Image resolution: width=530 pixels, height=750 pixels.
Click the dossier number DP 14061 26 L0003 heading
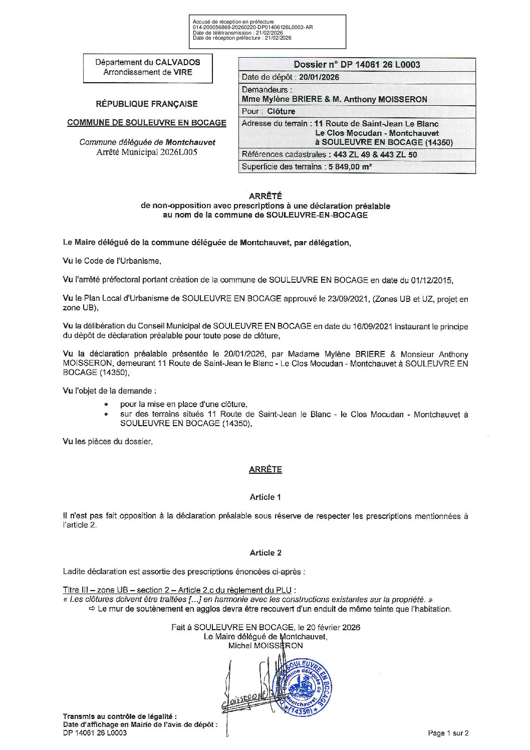click(x=357, y=64)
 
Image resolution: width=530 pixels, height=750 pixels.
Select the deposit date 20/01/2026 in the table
click(x=319, y=77)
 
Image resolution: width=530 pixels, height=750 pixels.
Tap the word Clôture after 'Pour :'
click(x=281, y=111)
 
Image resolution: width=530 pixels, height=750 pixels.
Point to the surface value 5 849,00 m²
click(x=350, y=167)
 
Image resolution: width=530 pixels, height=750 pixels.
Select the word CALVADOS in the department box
click(x=177, y=62)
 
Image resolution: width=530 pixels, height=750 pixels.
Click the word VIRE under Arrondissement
click(x=182, y=72)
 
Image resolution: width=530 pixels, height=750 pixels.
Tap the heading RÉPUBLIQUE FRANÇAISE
click(x=147, y=104)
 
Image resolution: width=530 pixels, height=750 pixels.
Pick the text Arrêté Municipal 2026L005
click(x=147, y=152)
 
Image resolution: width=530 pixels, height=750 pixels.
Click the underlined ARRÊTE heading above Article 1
click(x=265, y=469)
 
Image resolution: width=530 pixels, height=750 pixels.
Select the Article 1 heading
click(x=265, y=497)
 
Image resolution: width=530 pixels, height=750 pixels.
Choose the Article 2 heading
click(x=265, y=552)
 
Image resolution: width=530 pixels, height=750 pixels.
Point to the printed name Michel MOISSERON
click(x=265, y=646)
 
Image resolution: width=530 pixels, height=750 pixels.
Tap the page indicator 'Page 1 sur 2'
click(x=448, y=733)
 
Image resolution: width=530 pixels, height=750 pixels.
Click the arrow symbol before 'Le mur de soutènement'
click(x=92, y=609)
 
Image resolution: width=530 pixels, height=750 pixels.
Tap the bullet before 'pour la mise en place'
click(x=106, y=404)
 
